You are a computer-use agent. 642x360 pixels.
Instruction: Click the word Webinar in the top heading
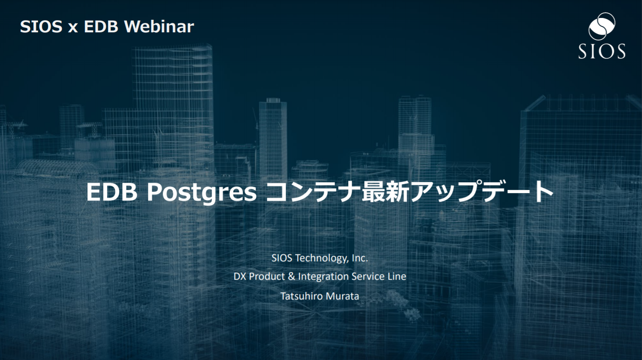click(x=159, y=26)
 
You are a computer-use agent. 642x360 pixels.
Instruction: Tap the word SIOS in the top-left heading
click(x=41, y=26)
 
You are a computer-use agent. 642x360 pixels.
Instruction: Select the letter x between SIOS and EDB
click(x=73, y=28)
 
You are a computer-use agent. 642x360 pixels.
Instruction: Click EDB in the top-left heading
click(x=101, y=26)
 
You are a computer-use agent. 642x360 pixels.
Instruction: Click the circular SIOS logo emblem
click(x=602, y=26)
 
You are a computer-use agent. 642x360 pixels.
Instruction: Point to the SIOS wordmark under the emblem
click(x=602, y=51)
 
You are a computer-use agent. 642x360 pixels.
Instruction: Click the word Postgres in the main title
click(x=201, y=192)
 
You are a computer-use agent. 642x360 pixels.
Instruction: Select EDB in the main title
click(x=112, y=192)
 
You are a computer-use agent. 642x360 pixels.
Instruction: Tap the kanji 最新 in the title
click(x=385, y=192)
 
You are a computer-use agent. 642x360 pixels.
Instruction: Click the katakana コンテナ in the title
click(x=313, y=192)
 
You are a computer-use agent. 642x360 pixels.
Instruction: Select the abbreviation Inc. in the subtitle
click(x=360, y=258)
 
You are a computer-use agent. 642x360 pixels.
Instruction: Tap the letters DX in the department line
click(x=240, y=277)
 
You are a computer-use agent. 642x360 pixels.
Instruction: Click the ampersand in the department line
click(x=291, y=277)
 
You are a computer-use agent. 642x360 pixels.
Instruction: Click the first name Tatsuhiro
click(x=301, y=296)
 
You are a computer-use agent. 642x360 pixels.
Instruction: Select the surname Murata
click(x=342, y=296)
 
